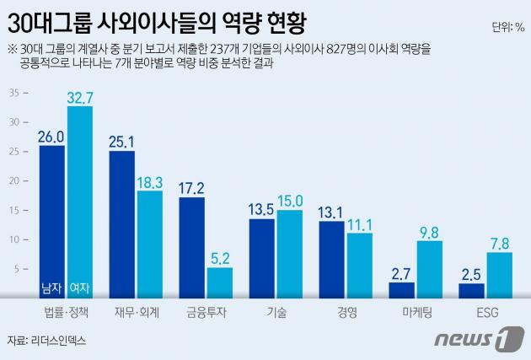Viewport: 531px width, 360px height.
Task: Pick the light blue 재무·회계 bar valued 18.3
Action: point(150,244)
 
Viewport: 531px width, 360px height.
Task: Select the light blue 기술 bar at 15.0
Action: point(289,254)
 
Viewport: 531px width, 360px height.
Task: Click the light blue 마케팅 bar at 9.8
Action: point(430,269)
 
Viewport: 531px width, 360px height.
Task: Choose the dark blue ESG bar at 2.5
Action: point(471,290)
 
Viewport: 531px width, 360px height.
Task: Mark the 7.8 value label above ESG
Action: point(499,244)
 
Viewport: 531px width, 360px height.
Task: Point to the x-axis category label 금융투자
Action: point(206,312)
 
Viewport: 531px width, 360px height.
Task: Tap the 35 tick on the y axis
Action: point(13,93)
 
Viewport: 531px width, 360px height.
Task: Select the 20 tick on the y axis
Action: point(13,181)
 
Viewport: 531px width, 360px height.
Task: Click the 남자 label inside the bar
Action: point(51,288)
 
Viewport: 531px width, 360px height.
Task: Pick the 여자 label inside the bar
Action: point(79,288)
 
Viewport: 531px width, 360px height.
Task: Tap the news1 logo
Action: point(472,339)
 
